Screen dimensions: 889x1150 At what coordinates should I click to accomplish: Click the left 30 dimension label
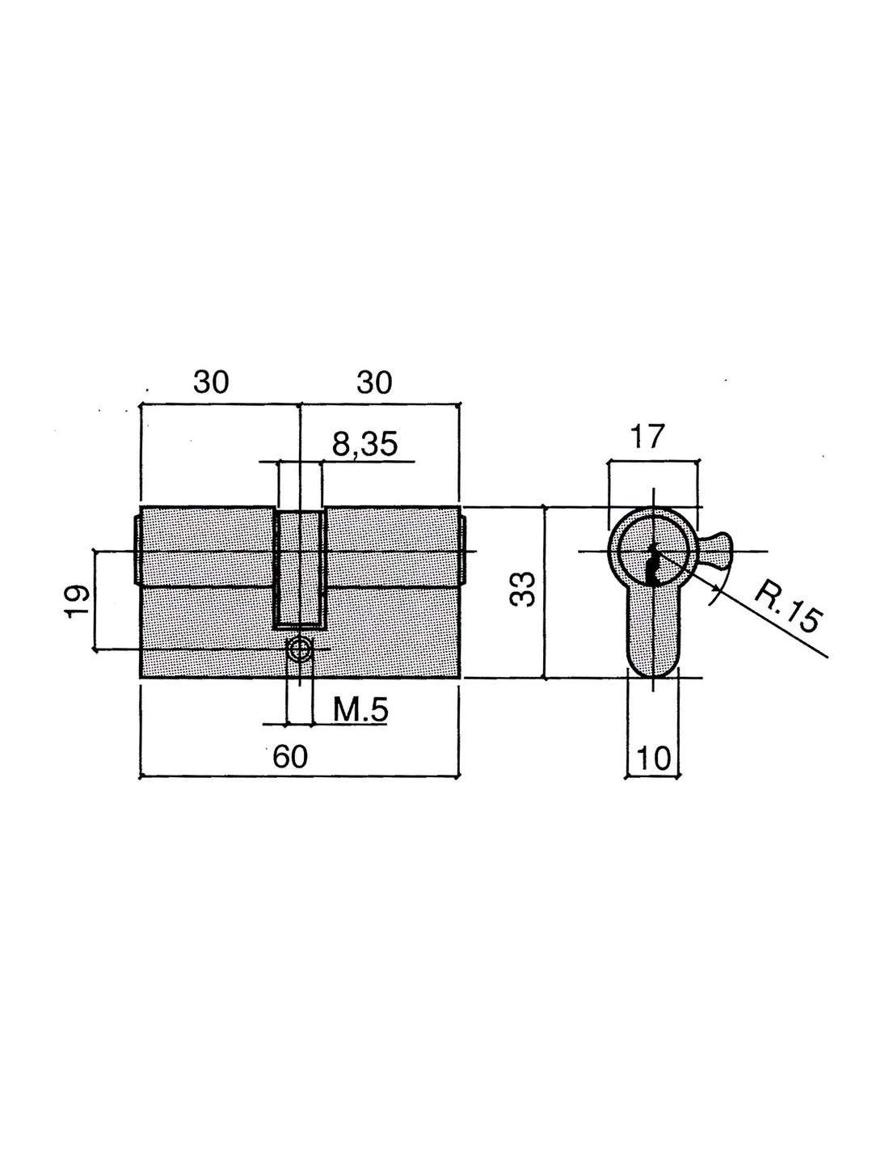(211, 382)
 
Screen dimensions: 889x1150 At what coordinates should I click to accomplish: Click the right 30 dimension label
(374, 382)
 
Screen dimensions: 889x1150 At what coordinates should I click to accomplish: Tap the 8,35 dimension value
(364, 445)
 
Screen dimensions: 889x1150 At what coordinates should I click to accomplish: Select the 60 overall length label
(290, 757)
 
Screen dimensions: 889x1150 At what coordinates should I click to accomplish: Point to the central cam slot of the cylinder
(299, 569)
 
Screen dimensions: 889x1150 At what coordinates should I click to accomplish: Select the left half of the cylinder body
(207, 592)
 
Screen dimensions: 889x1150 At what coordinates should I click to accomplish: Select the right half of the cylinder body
(392, 592)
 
